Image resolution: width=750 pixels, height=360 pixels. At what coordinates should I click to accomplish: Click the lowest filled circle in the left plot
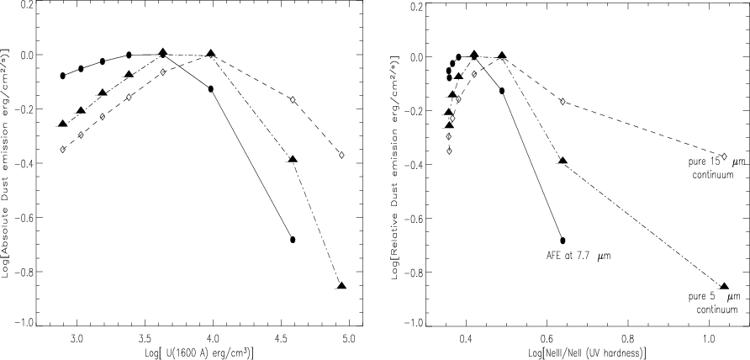[293, 240]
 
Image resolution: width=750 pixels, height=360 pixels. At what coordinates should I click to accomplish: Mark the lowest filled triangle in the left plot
[341, 286]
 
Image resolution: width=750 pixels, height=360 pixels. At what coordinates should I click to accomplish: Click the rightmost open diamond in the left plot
[341, 155]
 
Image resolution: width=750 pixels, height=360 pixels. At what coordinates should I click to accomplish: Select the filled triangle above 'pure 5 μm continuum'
[724, 286]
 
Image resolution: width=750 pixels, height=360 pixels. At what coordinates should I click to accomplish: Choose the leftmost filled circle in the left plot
[62, 76]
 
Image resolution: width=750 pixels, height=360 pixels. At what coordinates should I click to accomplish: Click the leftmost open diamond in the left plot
[62, 149]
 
